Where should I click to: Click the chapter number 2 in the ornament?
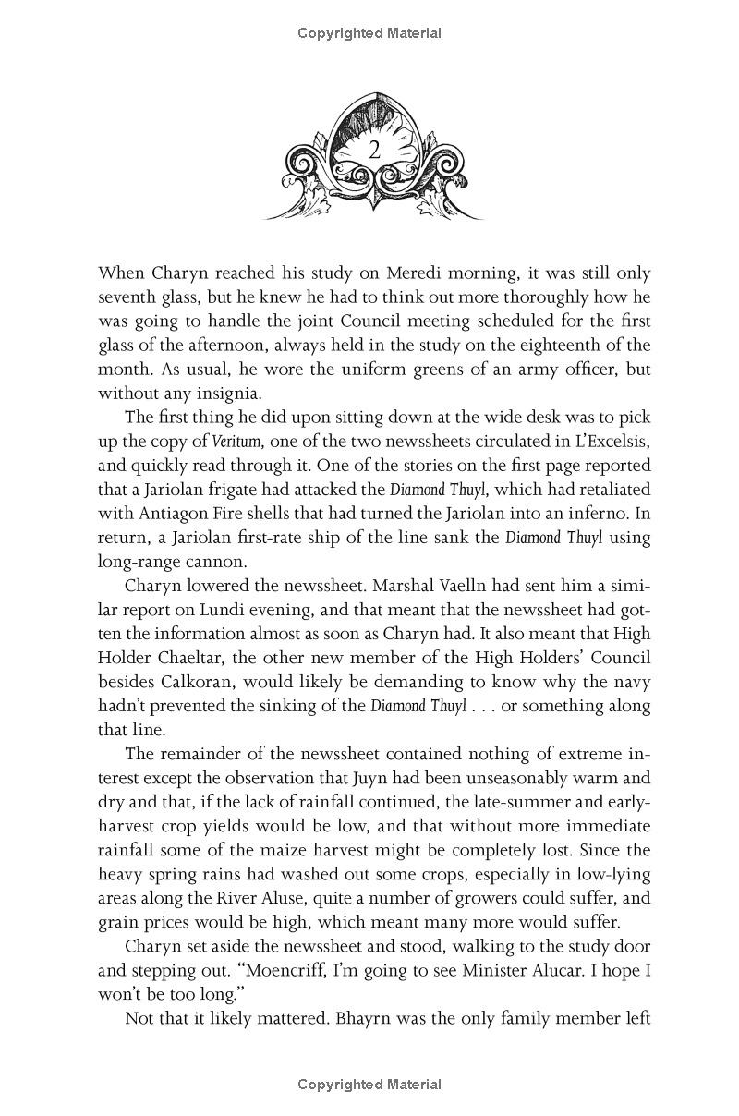[374, 151]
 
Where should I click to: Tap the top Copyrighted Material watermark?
[369, 33]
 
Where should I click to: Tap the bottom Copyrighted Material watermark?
[369, 1085]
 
